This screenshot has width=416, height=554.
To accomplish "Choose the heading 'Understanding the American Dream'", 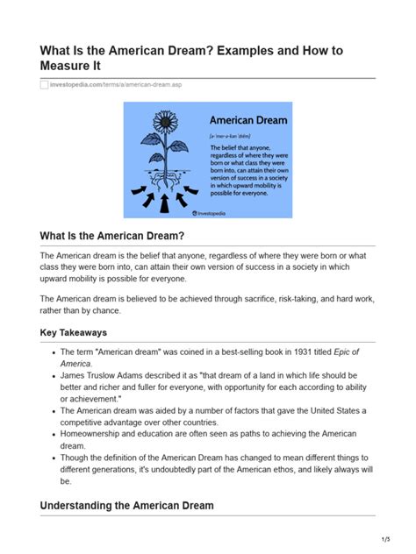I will tap(126, 506).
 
